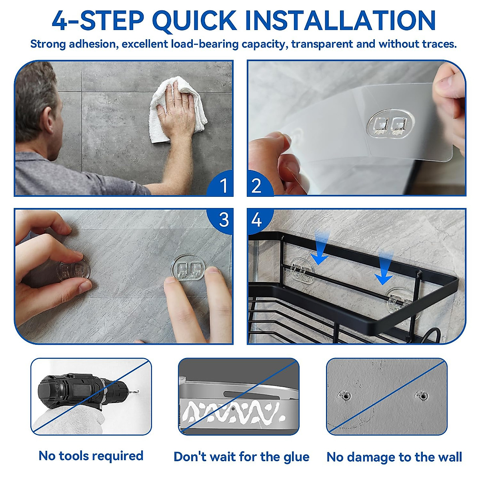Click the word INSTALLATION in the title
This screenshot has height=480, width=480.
[340, 20]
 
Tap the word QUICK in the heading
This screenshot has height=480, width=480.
[194, 21]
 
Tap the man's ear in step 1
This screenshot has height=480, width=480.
[50, 120]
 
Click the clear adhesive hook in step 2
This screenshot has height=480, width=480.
[390, 123]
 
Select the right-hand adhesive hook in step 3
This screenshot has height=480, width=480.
[188, 267]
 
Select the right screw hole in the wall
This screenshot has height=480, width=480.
[422, 396]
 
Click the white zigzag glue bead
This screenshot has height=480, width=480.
[233, 412]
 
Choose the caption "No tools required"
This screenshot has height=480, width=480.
[91, 456]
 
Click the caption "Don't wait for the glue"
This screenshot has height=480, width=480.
[241, 457]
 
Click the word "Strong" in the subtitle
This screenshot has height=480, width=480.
[48, 44]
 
